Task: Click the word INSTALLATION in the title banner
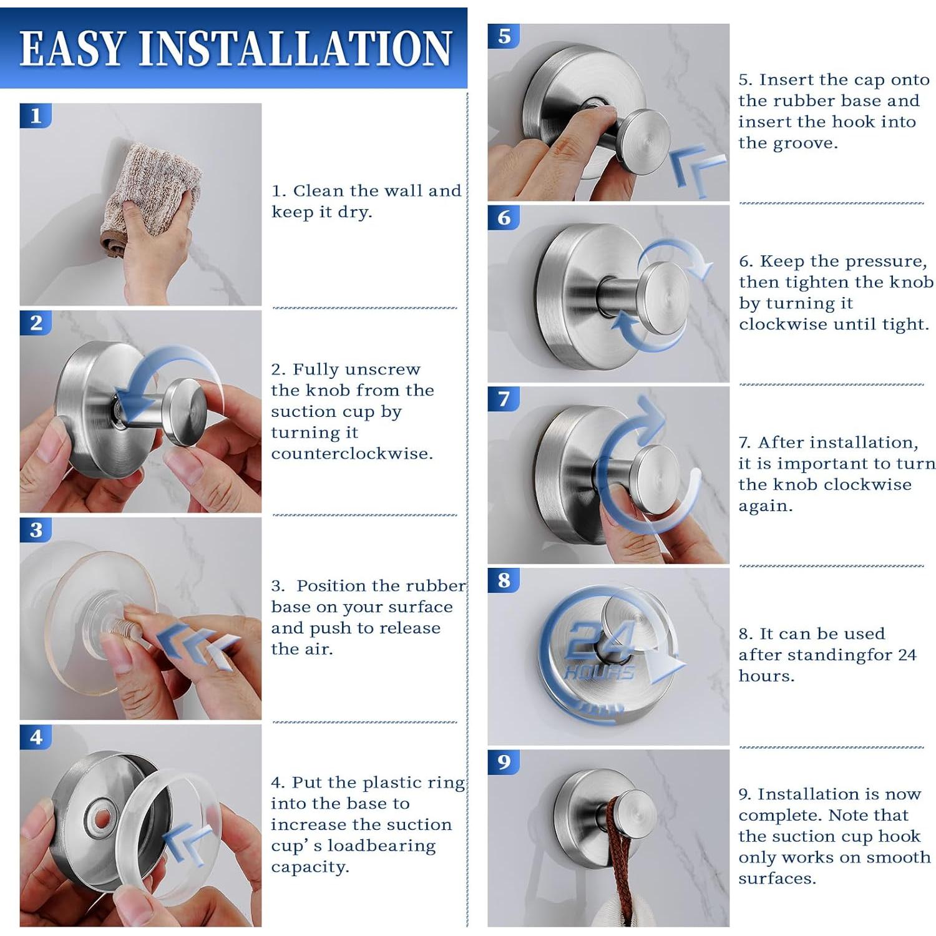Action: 295,48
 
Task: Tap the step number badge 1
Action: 36,115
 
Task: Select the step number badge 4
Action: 36,737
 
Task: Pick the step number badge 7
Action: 504,399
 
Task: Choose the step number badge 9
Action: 504,762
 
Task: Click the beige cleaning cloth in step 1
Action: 150,193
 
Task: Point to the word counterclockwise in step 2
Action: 352,454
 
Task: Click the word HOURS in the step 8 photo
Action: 599,672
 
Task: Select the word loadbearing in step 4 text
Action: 381,847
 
